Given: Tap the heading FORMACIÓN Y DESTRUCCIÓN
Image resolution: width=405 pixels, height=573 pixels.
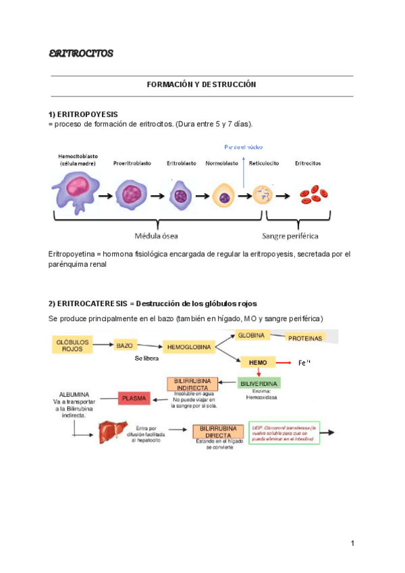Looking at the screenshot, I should (x=202, y=86).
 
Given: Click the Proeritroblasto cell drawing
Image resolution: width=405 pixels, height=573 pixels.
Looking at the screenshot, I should (x=132, y=195).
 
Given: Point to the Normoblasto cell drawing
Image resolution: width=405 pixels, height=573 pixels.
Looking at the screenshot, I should (x=223, y=196).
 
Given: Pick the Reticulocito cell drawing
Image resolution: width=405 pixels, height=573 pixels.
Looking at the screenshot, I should (x=263, y=195).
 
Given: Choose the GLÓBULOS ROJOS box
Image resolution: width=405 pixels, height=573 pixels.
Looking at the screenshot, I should (x=71, y=345).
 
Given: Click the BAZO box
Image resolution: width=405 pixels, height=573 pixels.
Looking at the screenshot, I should (x=124, y=345).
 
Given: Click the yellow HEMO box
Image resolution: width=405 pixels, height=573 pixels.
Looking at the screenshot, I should (x=258, y=363).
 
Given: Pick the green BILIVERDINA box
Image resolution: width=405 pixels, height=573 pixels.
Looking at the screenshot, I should (x=259, y=384).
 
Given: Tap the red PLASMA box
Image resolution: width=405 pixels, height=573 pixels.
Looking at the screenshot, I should (x=134, y=399).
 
